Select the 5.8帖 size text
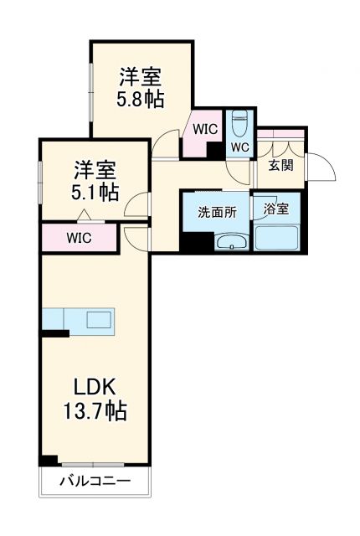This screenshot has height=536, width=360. pyautogui.click(x=140, y=99)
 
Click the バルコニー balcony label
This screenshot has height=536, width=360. pyautogui.click(x=95, y=482)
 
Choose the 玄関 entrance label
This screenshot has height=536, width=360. pyautogui.click(x=280, y=165)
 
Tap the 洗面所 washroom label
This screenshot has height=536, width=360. pyautogui.click(x=217, y=212)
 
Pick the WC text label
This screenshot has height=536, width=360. pyautogui.click(x=239, y=148)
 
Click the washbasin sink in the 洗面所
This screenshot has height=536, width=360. pyautogui.click(x=229, y=243)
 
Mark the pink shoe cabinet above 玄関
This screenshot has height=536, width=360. pyautogui.click(x=281, y=134)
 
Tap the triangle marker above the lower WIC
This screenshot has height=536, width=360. pyautogui.click(x=88, y=220)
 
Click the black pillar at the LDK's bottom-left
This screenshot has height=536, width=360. pyautogui.click(x=49, y=460)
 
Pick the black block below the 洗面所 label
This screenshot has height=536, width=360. pyautogui.click(x=195, y=241)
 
